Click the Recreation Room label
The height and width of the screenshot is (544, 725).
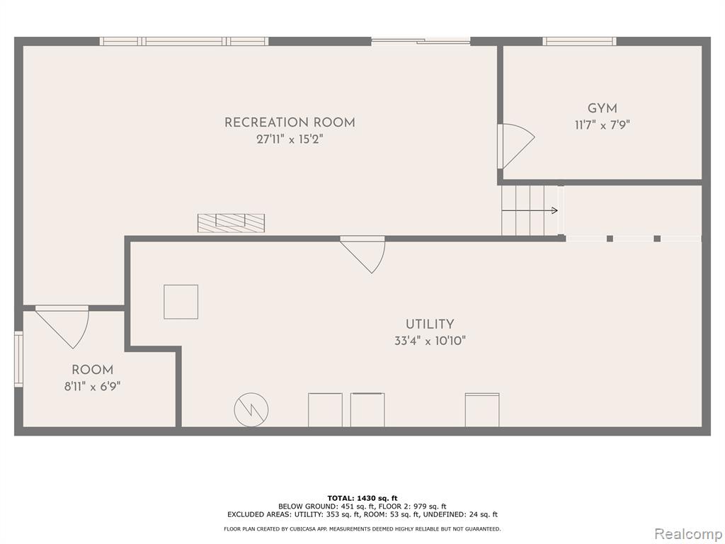click(x=290, y=123)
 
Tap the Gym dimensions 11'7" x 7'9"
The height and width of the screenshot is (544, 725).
click(x=602, y=125)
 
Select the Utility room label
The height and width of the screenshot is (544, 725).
click(x=430, y=324)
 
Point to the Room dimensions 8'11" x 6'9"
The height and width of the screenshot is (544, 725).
click(x=93, y=386)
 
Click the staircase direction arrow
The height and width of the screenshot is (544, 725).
click(x=530, y=211)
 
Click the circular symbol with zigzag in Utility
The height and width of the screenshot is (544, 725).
click(x=251, y=409)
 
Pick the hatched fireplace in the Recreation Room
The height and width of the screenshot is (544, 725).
click(x=232, y=223)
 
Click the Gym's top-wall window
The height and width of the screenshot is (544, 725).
click(x=579, y=41)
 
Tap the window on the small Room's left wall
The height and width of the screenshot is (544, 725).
click(x=18, y=359)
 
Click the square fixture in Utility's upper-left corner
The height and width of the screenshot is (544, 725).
click(x=181, y=302)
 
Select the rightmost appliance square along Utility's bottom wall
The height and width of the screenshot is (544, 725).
click(x=481, y=410)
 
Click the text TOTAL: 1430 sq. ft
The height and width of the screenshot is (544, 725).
click(x=362, y=498)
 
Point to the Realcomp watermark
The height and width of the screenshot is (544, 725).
click(x=688, y=534)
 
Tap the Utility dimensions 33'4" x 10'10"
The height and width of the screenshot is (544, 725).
click(x=430, y=341)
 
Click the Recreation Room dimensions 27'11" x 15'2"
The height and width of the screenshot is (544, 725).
click(x=290, y=140)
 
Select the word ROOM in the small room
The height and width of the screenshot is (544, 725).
click(x=93, y=370)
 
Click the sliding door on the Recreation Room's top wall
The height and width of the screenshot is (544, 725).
click(x=421, y=41)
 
